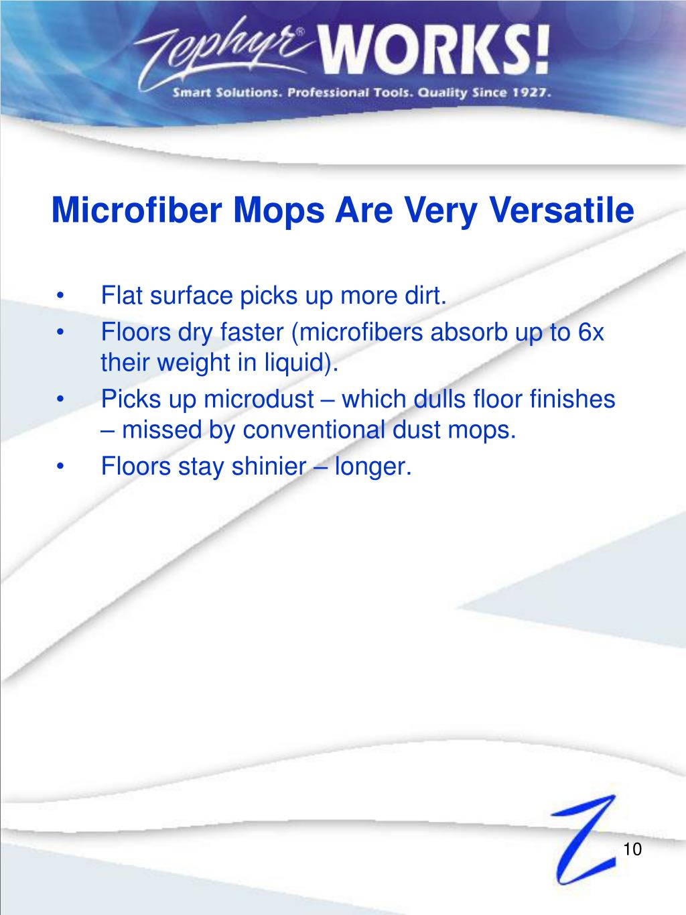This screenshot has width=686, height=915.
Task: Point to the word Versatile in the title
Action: pos(563,210)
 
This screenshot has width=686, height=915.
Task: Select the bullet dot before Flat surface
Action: pos(62,296)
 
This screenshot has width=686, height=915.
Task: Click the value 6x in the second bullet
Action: pos(591,332)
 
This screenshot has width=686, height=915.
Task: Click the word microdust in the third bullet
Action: pos(259,400)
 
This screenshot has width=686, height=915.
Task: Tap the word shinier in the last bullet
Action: pos(268,466)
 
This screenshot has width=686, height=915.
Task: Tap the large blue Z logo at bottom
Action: pos(580,838)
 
